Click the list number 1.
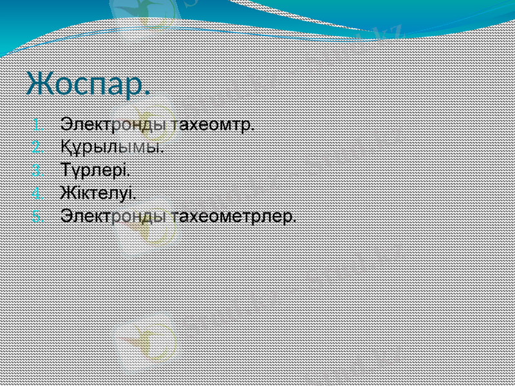coord(37,123)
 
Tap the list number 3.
coord(37,170)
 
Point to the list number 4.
coord(37,192)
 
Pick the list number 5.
coord(37,216)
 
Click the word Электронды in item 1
coord(115,123)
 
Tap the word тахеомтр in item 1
coord(213,123)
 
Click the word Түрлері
coord(95,170)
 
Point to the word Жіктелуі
coord(98,192)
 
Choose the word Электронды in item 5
coord(115,216)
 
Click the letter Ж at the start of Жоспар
coord(39,84)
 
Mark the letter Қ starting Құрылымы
coord(66,146)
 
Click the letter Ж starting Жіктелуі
coord(67,192)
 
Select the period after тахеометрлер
coord(295,220)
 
